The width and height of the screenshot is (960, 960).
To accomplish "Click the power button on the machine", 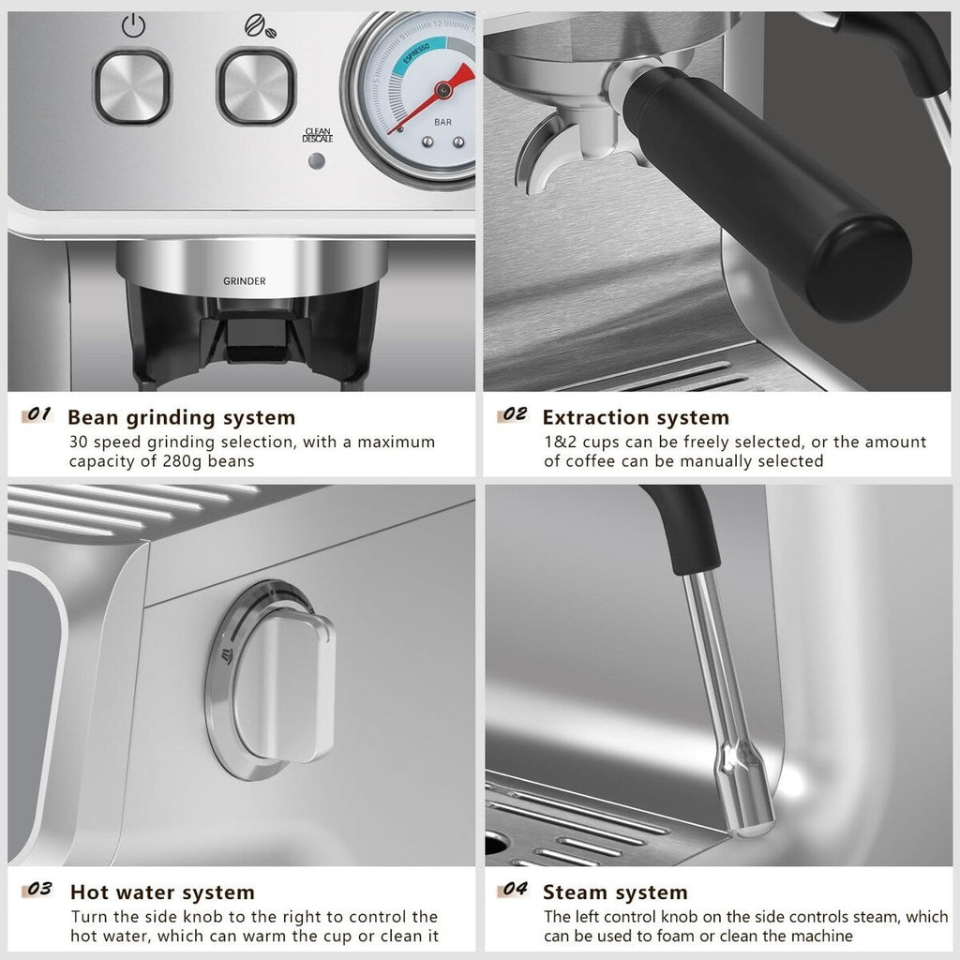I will click(x=132, y=87).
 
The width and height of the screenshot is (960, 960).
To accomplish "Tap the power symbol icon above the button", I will click(x=132, y=26).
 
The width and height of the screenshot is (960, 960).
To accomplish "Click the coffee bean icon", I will click(x=254, y=26).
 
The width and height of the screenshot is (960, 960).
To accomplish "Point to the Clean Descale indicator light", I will click(x=317, y=160).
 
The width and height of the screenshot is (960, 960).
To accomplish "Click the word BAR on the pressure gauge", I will click(x=442, y=122).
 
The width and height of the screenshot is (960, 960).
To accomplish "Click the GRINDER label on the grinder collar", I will click(x=244, y=280).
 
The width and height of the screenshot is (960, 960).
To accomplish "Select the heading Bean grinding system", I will click(x=181, y=417).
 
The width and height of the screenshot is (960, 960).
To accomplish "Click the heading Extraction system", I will click(x=636, y=417).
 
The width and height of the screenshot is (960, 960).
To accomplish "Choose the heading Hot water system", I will click(x=162, y=892).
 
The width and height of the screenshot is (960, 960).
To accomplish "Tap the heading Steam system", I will click(x=615, y=892).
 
